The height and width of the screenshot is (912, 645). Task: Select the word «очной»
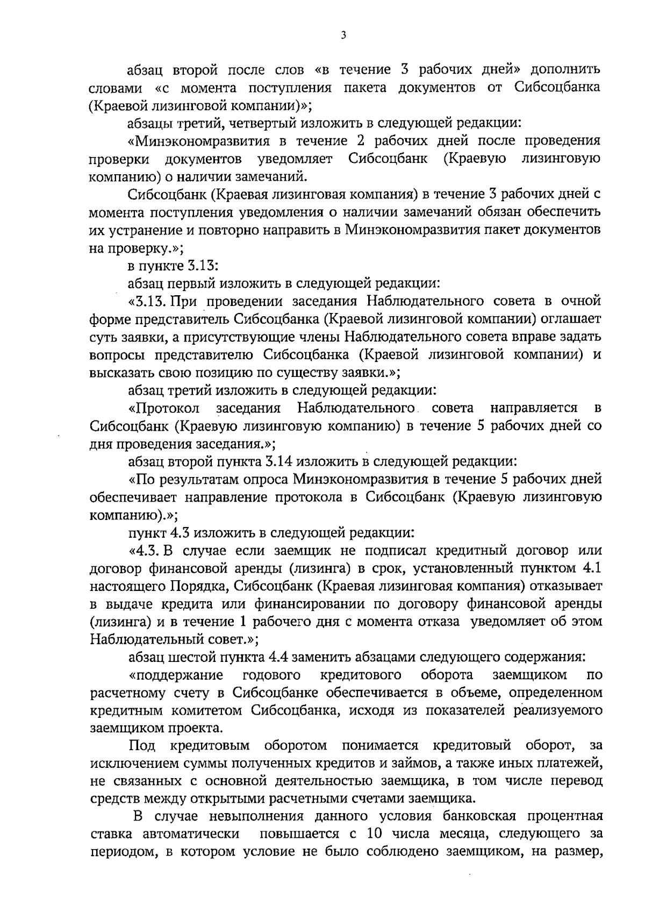580,301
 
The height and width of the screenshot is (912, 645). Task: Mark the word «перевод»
576,780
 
